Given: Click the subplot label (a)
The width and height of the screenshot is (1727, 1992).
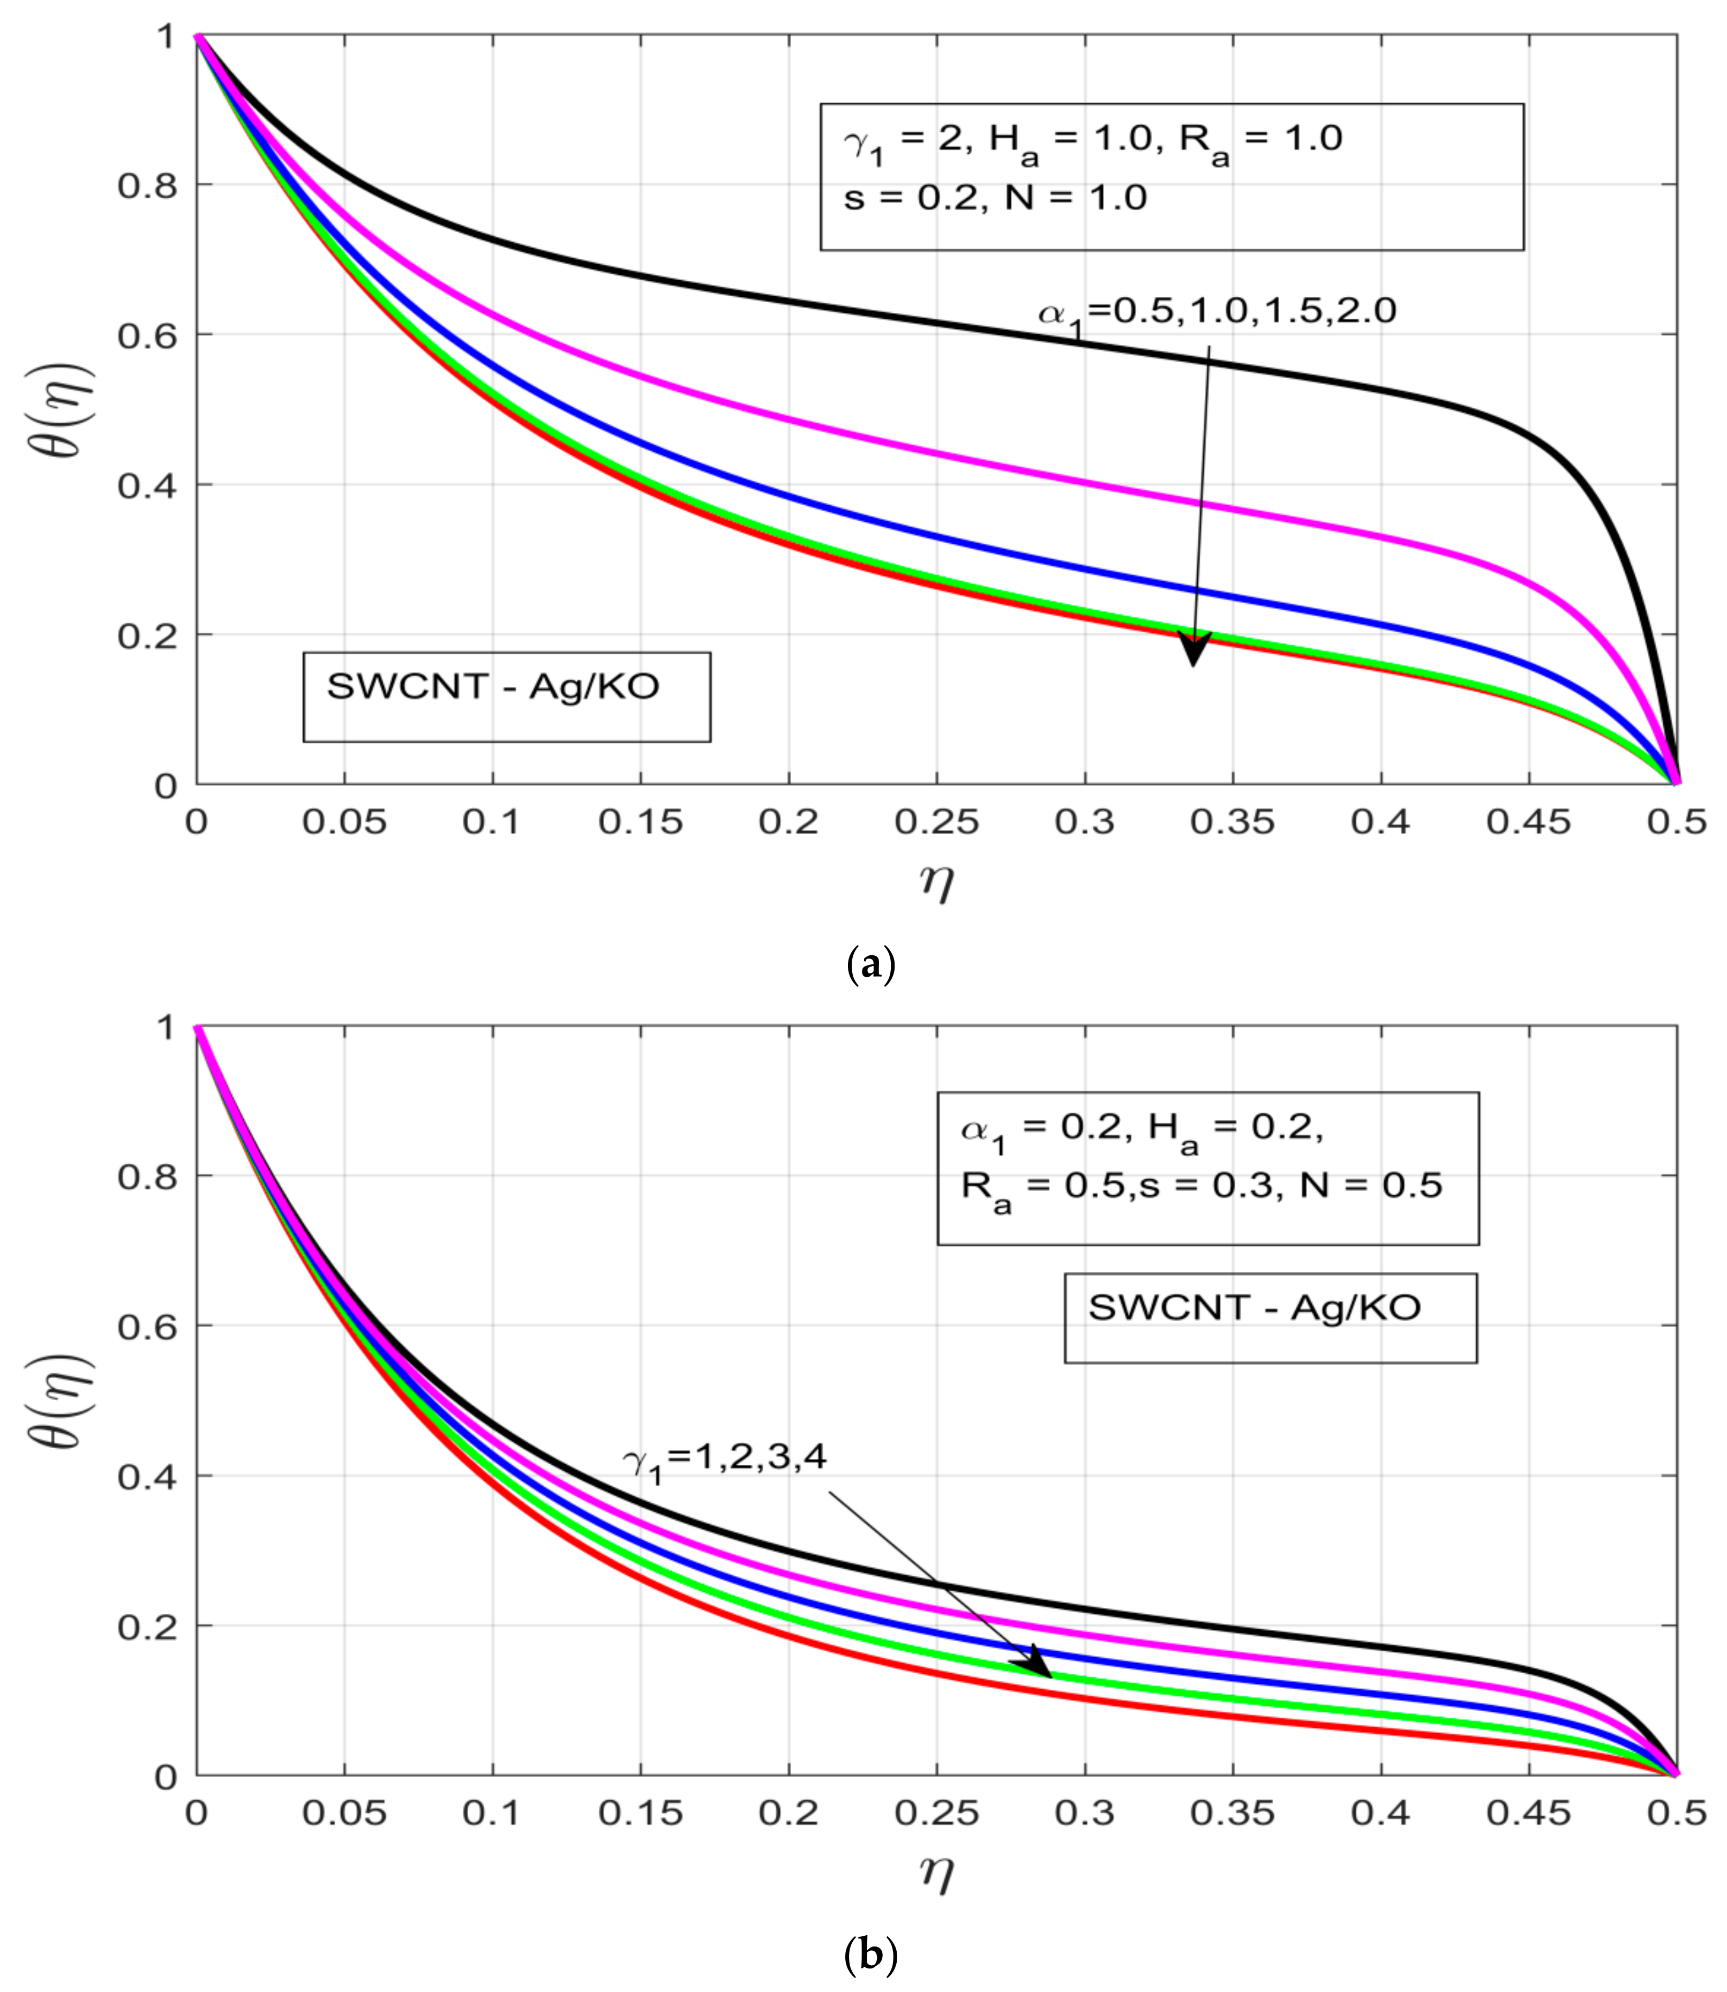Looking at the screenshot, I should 870,964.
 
